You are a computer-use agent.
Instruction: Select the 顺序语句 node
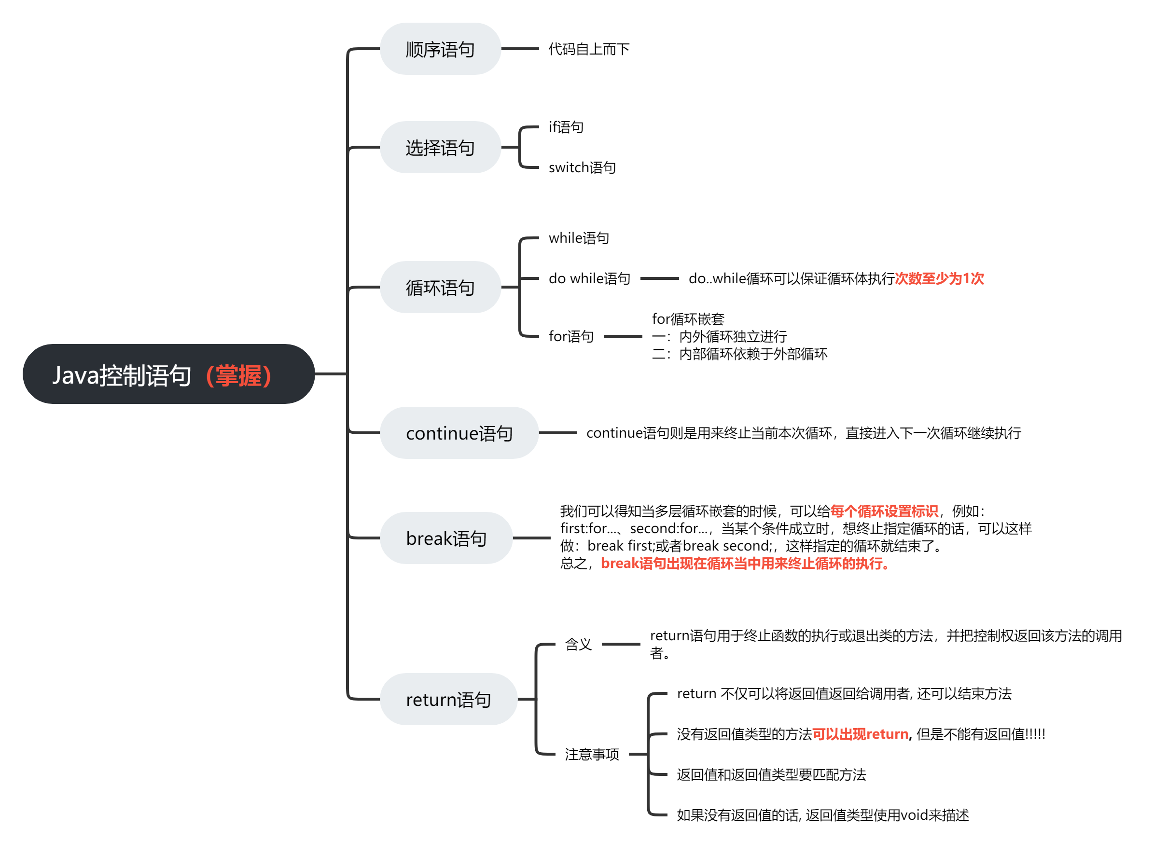coord(440,49)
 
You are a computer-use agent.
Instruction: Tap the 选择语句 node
coord(440,148)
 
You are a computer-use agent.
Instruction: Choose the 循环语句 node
coord(440,287)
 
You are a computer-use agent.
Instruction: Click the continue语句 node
coord(459,433)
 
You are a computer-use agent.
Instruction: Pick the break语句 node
coord(446,538)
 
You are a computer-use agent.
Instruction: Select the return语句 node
coord(448,699)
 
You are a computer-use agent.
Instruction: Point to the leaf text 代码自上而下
coord(589,49)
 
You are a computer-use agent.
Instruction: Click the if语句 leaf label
coord(566,127)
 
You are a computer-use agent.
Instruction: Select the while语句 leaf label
coord(579,238)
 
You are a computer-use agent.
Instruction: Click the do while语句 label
coord(589,278)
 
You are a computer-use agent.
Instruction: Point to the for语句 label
coord(571,336)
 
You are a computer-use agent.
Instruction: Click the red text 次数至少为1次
coord(939,278)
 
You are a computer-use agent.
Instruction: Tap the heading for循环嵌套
coord(688,319)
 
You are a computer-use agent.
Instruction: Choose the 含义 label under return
coord(578,644)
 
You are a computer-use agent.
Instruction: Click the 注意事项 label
coord(592,755)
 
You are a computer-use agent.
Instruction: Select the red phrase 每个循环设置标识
coord(884,511)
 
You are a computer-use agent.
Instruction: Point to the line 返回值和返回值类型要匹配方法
coord(771,775)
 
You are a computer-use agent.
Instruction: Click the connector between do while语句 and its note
coord(659,278)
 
